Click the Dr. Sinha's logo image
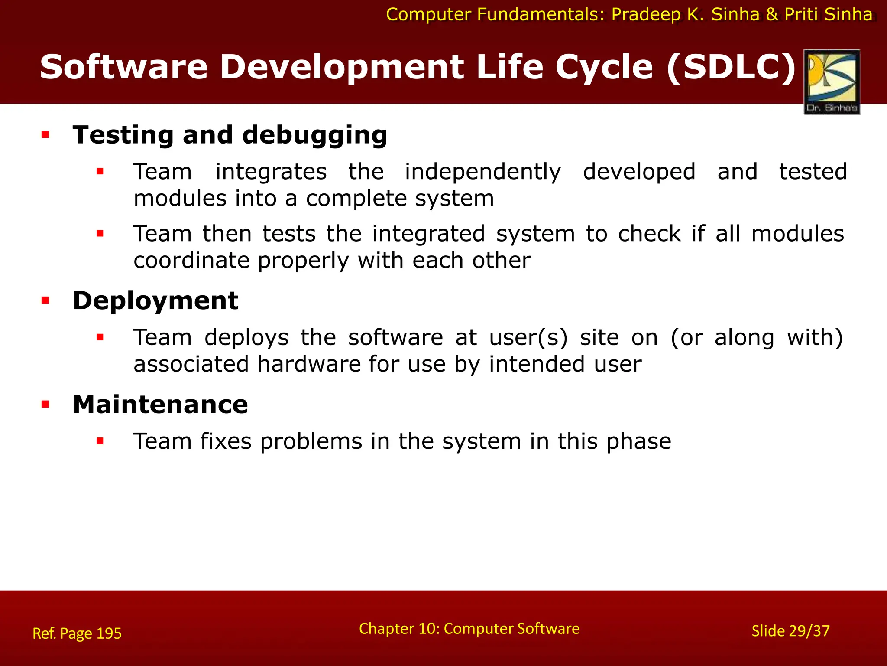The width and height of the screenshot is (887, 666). click(x=832, y=82)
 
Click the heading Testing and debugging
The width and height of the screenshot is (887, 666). click(x=230, y=135)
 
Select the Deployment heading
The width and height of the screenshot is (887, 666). click(x=155, y=300)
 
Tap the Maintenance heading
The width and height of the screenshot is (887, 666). click(x=160, y=405)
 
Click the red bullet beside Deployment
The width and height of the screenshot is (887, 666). click(x=45, y=300)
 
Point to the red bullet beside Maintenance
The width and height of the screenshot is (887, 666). click(x=45, y=405)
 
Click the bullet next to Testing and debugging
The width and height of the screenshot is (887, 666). click(x=45, y=135)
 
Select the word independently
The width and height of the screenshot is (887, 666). click(x=482, y=172)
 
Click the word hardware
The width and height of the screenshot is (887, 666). click(x=309, y=364)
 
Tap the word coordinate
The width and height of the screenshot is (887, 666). click(x=191, y=261)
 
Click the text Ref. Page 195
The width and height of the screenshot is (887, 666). click(x=77, y=633)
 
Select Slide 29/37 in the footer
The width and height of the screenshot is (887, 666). click(x=790, y=631)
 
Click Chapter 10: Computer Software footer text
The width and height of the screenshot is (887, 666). click(x=469, y=629)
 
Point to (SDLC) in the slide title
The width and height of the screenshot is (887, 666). click(x=731, y=67)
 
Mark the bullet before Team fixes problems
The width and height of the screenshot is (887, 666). click(x=100, y=441)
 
